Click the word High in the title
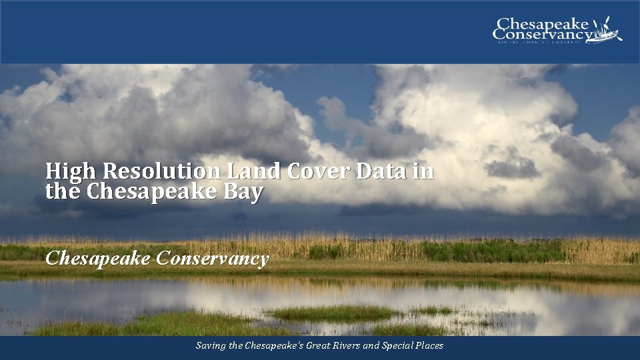coord(64,172)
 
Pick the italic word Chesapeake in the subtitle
coord(97,259)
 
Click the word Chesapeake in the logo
coord(543,23)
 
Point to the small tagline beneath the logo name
coord(542,42)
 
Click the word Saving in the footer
coord(209,346)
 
